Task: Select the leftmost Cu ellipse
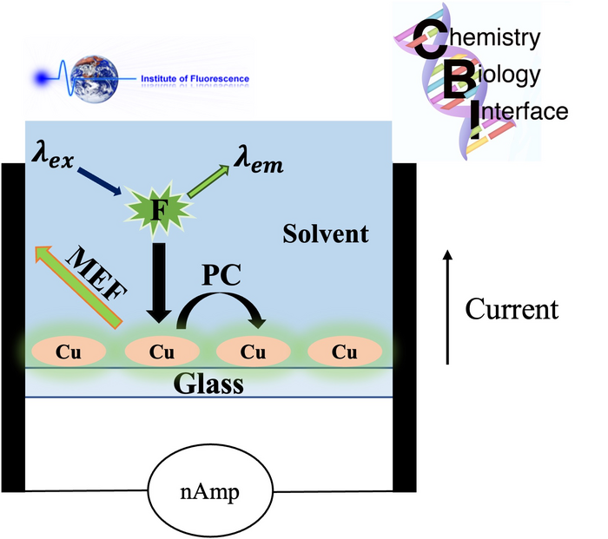coord(69,352)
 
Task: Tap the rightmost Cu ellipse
coord(345,352)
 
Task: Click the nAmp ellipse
coord(210,492)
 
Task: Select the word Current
coord(512,309)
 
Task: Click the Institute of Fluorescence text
coord(195,80)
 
